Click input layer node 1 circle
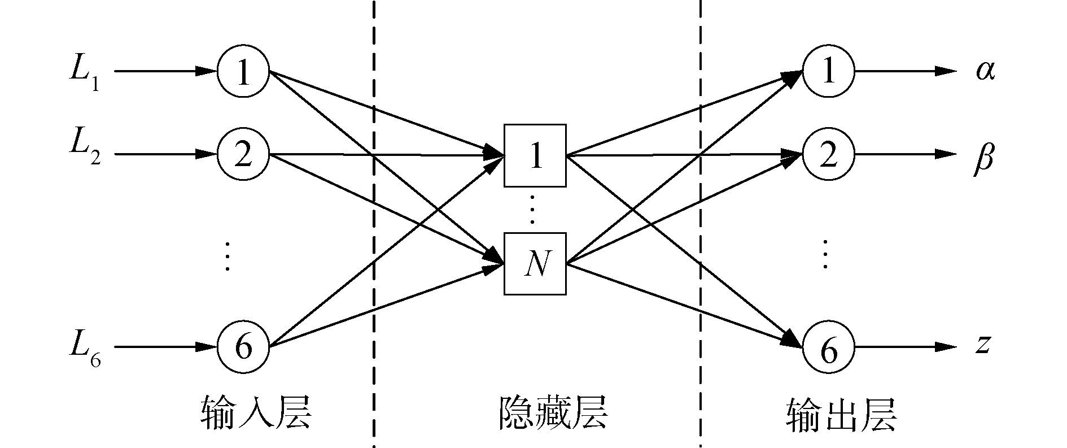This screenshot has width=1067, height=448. click(x=243, y=72)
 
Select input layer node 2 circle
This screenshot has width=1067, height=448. click(x=243, y=154)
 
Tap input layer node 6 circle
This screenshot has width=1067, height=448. click(x=243, y=347)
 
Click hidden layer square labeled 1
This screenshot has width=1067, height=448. click(x=535, y=155)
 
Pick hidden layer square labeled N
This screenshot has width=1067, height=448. click(x=535, y=263)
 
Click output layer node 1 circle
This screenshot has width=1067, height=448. click(x=828, y=72)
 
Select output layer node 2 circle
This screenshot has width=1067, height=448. click(x=828, y=154)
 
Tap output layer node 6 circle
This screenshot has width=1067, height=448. click(x=828, y=347)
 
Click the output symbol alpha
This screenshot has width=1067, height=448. click(x=985, y=72)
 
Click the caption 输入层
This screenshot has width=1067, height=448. click(x=256, y=414)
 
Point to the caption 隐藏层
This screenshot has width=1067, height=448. click(x=553, y=414)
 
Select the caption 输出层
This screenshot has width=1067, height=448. click(x=841, y=416)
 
